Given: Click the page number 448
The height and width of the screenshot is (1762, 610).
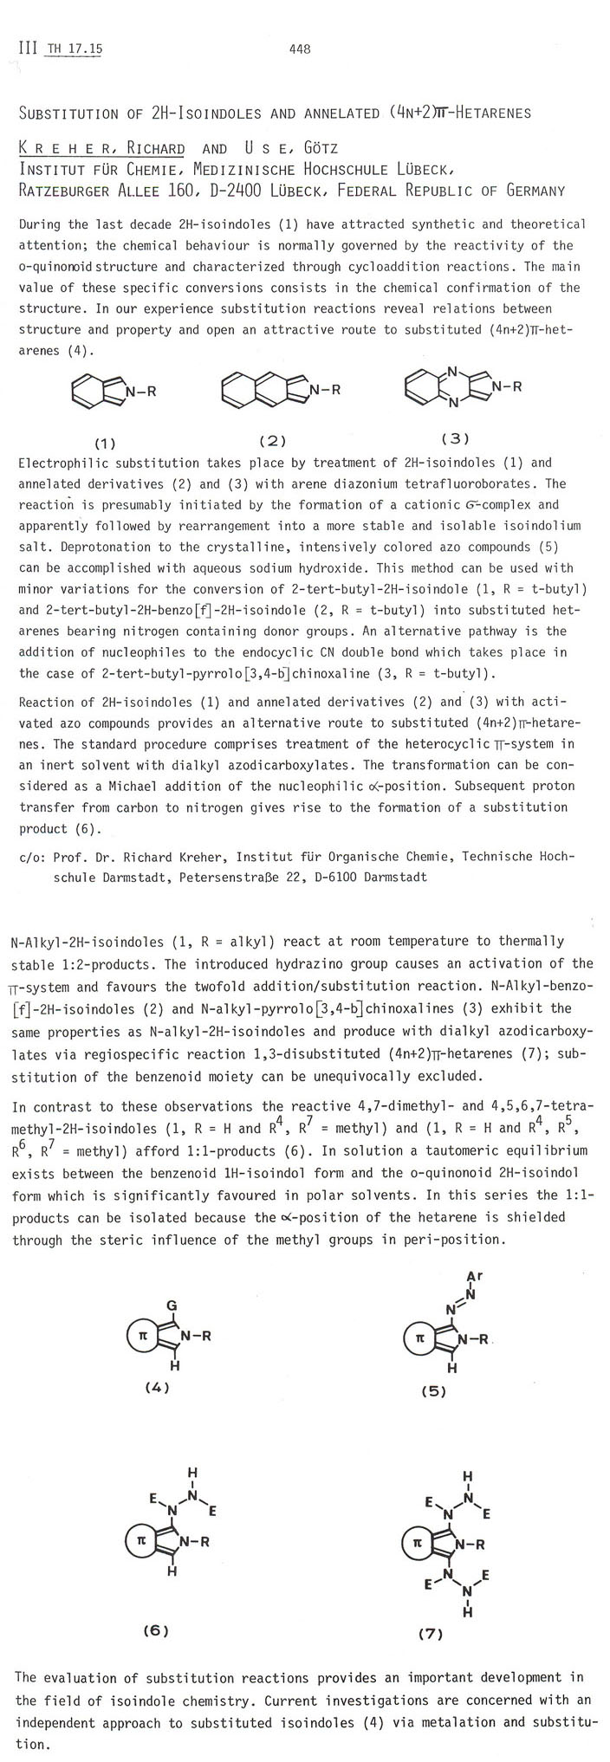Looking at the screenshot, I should tap(300, 49).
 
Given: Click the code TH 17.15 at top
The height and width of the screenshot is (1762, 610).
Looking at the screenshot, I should tap(75, 49).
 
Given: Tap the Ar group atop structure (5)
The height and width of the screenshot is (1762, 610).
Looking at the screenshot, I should tap(475, 1276).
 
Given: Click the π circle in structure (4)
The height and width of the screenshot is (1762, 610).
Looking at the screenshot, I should tap(143, 1337).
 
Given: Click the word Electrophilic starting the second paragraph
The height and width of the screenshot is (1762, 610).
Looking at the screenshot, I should tap(57, 463).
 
